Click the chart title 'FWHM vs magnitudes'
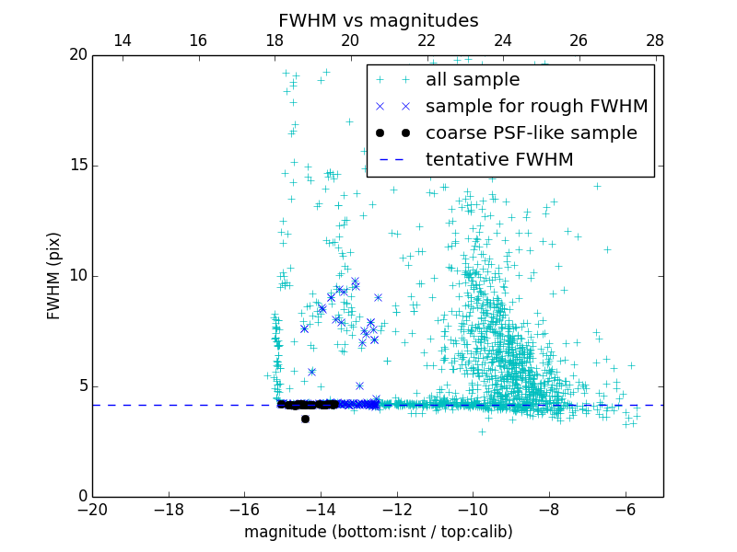378,20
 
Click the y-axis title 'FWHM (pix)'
54,276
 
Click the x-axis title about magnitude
378,532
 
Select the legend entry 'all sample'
472,80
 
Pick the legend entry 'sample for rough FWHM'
536,107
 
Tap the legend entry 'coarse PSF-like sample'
531,133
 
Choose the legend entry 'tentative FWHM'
498,160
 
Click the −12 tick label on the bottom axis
396,509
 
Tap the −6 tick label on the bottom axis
625,509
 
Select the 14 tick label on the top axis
122,40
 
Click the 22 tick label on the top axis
427,40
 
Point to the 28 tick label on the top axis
655,40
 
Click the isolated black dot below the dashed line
305,419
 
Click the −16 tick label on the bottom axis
244,509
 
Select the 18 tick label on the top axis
275,40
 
